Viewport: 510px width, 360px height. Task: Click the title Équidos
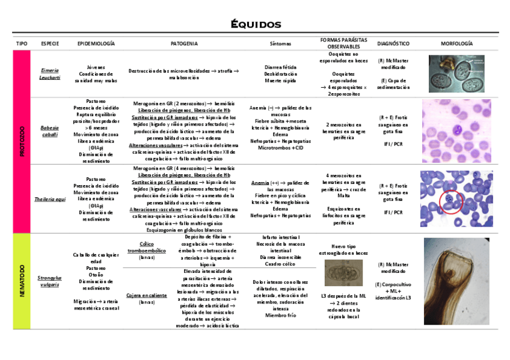(256, 25)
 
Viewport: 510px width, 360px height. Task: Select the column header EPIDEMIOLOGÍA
(96, 44)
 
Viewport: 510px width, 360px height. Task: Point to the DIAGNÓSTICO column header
(393, 44)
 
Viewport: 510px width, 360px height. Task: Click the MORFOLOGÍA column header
(456, 44)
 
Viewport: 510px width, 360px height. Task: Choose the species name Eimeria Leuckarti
(50, 74)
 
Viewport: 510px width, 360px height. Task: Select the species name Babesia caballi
(50, 131)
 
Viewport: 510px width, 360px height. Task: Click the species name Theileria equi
(50, 198)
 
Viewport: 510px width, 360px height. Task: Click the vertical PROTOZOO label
(22, 141)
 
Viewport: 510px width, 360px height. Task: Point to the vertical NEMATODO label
(22, 281)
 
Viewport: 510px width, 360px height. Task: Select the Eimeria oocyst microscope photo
(456, 73)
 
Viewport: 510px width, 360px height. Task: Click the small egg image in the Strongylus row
(340, 273)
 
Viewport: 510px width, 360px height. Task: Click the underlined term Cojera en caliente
(147, 296)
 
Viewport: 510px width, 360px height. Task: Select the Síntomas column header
(281, 44)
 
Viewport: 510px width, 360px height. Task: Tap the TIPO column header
(22, 44)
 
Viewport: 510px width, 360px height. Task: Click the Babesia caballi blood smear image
(456, 131)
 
